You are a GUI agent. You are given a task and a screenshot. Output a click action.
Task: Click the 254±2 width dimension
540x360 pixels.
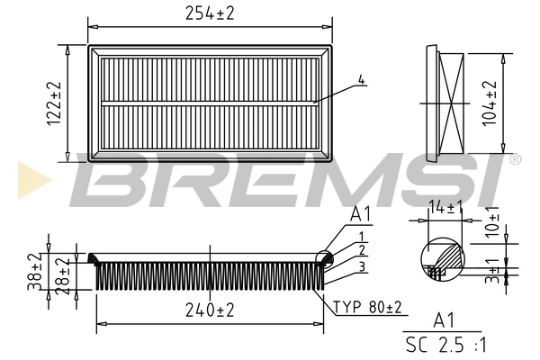pyautogui.click(x=209, y=13)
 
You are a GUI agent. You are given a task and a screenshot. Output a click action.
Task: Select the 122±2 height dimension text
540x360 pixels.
pyautogui.click(x=54, y=103)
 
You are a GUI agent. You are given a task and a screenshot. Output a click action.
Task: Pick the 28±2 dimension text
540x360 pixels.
pyautogui.click(x=61, y=274)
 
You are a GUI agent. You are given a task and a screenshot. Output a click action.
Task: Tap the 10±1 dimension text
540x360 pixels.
pyautogui.click(x=492, y=220)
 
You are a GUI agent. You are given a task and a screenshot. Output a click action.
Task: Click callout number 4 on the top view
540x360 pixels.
pyautogui.click(x=361, y=80)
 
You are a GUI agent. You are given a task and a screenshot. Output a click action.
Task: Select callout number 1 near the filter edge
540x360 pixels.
pyautogui.click(x=360, y=235)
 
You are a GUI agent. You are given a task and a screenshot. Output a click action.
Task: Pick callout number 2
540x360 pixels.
pyautogui.click(x=360, y=249)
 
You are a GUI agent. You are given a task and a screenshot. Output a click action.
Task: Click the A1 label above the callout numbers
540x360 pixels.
pyautogui.click(x=360, y=216)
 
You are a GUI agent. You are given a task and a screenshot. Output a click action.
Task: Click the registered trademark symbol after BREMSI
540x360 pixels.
pyautogui.click(x=515, y=159)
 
